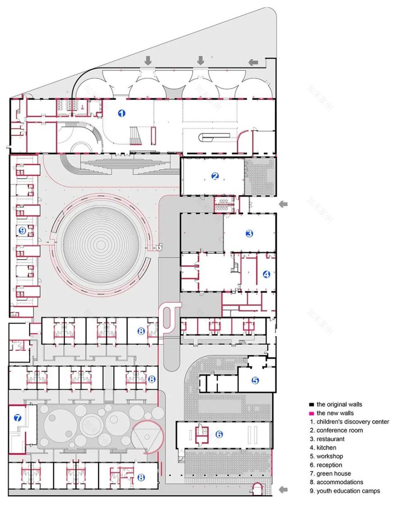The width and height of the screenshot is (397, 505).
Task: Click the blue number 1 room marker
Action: click(x=121, y=113)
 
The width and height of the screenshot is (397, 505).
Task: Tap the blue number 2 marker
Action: click(x=215, y=176)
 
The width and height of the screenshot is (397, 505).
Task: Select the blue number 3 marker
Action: click(x=249, y=233)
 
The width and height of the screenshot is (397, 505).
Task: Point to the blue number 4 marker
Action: click(x=266, y=274)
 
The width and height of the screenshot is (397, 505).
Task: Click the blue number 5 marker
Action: click(x=255, y=380)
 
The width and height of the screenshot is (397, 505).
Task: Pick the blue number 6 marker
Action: click(x=219, y=434)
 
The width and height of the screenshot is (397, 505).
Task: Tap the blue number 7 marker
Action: click(x=18, y=418)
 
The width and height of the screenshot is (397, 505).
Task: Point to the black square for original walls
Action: click(x=311, y=405)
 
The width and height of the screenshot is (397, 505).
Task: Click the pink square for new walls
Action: click(x=311, y=413)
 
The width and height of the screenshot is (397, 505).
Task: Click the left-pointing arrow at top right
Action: click(x=254, y=62)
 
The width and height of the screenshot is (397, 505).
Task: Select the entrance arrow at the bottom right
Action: click(x=284, y=489)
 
